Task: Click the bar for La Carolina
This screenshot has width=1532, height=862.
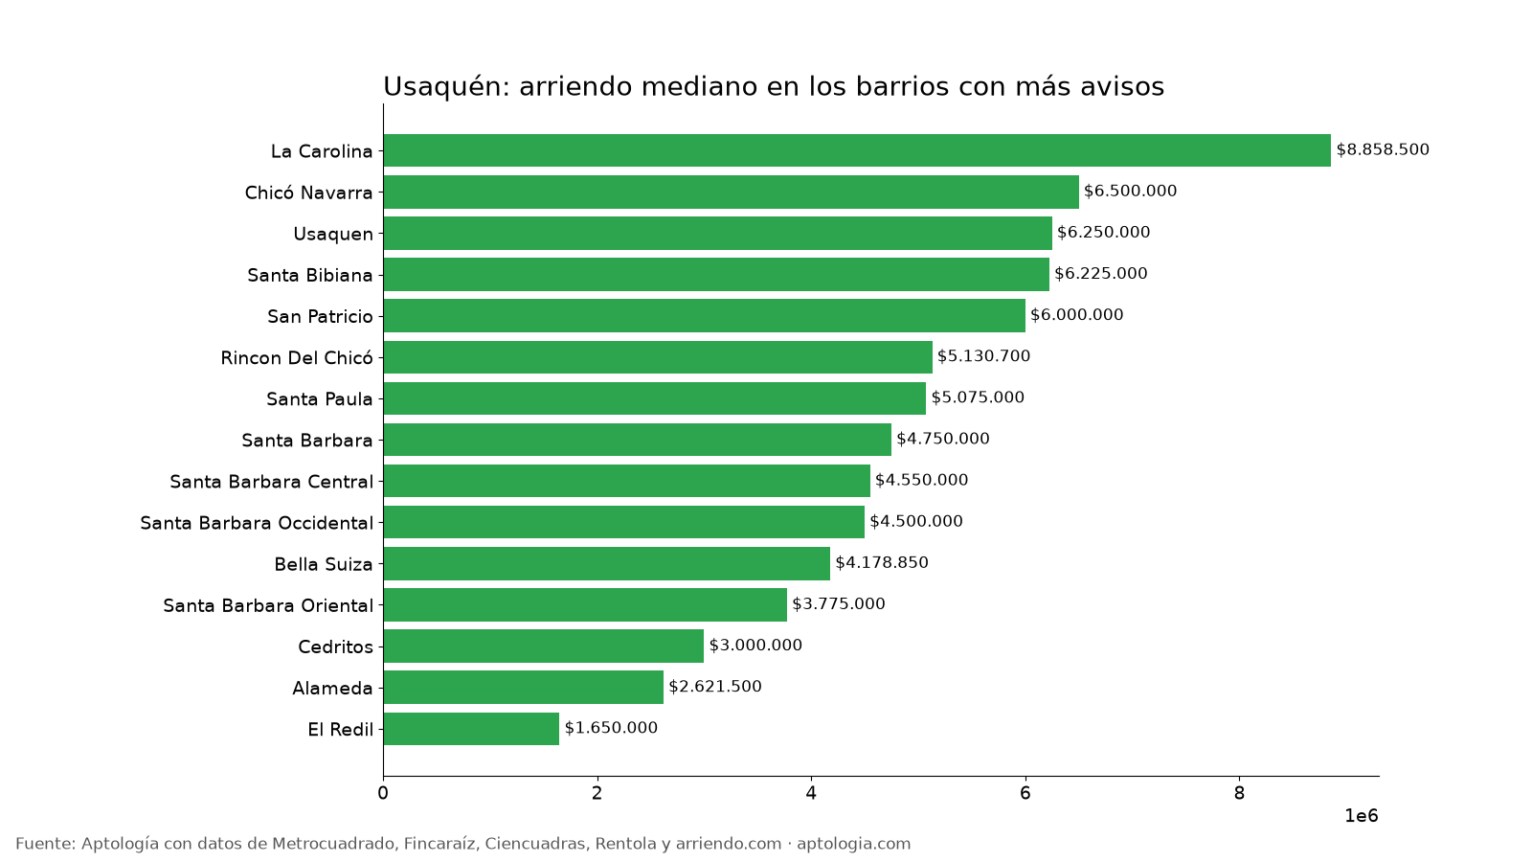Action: (857, 150)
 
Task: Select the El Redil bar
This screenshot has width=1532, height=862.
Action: (471, 729)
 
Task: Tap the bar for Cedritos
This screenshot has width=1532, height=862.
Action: (544, 646)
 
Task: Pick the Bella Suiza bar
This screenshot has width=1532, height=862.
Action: (607, 564)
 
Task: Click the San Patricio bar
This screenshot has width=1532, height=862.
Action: (705, 315)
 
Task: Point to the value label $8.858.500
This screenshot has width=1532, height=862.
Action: (1383, 149)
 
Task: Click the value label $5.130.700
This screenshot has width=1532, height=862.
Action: (983, 356)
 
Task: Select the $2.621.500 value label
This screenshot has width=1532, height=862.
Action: (714, 687)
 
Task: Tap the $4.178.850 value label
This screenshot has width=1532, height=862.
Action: (882, 563)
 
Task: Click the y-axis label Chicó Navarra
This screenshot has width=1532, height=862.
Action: (308, 193)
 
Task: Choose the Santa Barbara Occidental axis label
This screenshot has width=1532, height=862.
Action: (257, 523)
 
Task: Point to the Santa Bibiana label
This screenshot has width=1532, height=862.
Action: (310, 276)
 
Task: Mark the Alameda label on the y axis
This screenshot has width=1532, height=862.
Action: (332, 689)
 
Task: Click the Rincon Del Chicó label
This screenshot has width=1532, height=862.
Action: (297, 358)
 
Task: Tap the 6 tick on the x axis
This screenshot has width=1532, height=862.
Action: (1025, 794)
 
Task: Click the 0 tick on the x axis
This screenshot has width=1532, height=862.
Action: (383, 794)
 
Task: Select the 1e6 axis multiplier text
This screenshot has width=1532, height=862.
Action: (1361, 816)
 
